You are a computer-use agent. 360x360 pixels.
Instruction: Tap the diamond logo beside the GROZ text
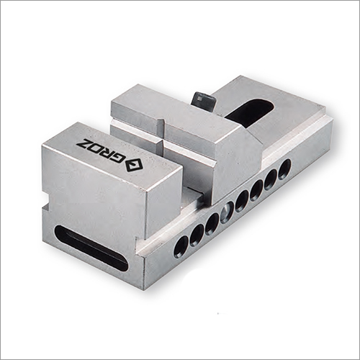tap(134, 166)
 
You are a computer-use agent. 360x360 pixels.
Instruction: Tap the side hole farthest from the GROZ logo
tap(284, 170)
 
